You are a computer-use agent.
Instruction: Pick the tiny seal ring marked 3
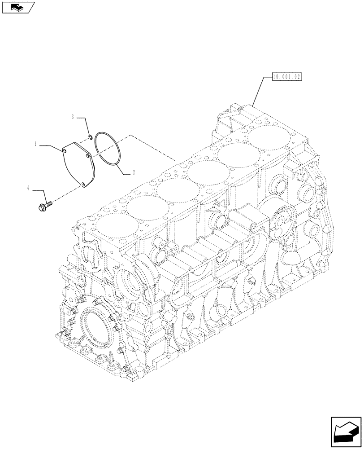(x=90, y=137)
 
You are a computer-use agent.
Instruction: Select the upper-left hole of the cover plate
(x=65, y=152)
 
